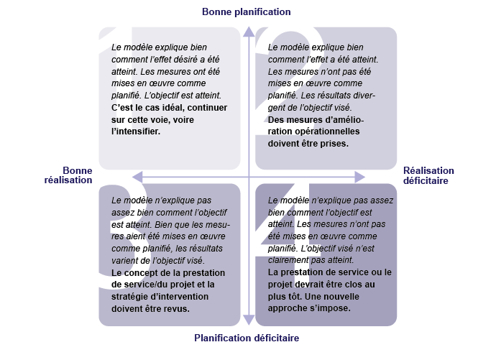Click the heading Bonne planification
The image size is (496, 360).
pyautogui.click(x=247, y=11)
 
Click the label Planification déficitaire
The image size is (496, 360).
pyautogui.click(x=247, y=338)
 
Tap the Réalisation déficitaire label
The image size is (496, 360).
pyautogui.click(x=428, y=175)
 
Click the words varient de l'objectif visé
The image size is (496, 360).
pyautogui.click(x=157, y=260)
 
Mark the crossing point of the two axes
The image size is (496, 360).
pyautogui.click(x=248, y=177)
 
